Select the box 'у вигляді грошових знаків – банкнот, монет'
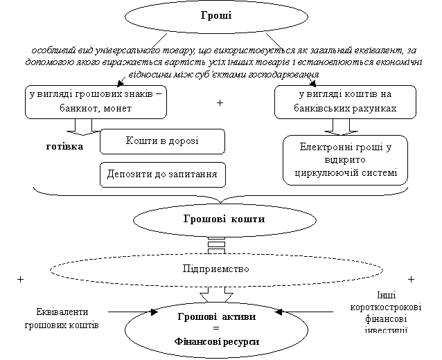pos(94,102)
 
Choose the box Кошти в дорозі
pos(162,141)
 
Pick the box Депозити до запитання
pos(163,174)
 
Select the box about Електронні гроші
pos(345,160)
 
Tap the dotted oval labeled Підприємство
pos(215,267)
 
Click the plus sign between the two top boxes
pos(220,103)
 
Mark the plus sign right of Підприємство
pos(412,279)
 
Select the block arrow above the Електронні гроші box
pos(344,126)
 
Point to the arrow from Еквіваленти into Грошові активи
pos(132,312)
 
